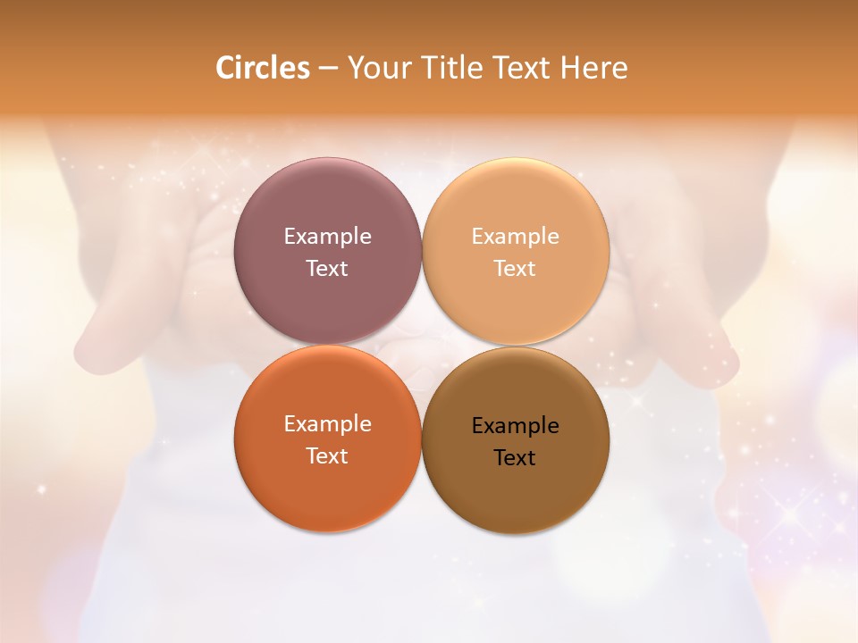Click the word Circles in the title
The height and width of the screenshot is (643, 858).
tap(262, 68)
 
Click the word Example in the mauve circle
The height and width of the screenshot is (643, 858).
tap(327, 237)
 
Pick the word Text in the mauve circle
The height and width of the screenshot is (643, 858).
tap(327, 269)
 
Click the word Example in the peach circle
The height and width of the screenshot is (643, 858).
tap(515, 237)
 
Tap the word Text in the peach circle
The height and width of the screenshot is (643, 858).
tap(515, 269)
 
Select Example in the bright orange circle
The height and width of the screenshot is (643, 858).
tap(327, 424)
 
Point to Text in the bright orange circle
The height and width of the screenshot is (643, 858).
tap(327, 456)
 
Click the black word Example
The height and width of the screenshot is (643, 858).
tap(515, 426)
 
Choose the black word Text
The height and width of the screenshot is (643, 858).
tap(515, 458)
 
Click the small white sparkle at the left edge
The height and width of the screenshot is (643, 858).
tap(40, 489)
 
